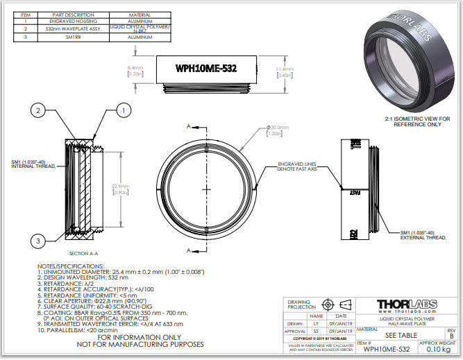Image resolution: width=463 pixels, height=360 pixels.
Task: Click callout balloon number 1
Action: pos(123,110)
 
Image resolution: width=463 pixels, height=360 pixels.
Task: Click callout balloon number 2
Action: pos(39,110)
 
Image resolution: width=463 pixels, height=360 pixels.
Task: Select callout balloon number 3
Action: pos(39,240)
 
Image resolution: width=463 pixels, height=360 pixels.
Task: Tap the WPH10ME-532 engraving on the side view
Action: pos(206,69)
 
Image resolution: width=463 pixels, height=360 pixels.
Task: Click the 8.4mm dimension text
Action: pos(135,71)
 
